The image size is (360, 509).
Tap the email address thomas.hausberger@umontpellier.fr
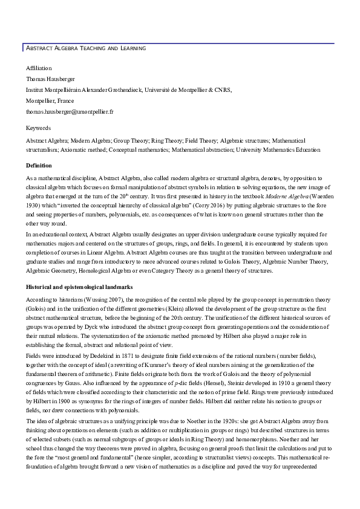tap(70, 112)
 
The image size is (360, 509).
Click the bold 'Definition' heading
tap(39, 165)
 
